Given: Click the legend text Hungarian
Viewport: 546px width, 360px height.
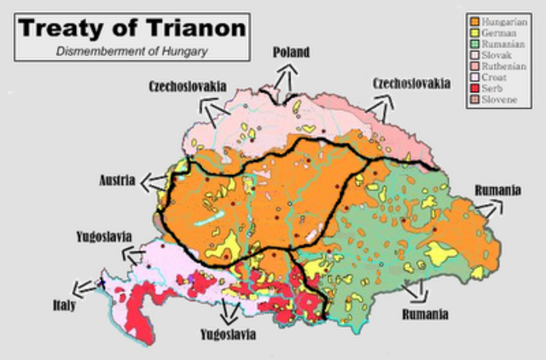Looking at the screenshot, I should [x=505, y=20].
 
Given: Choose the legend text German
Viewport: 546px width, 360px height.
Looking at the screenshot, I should [x=499, y=32].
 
